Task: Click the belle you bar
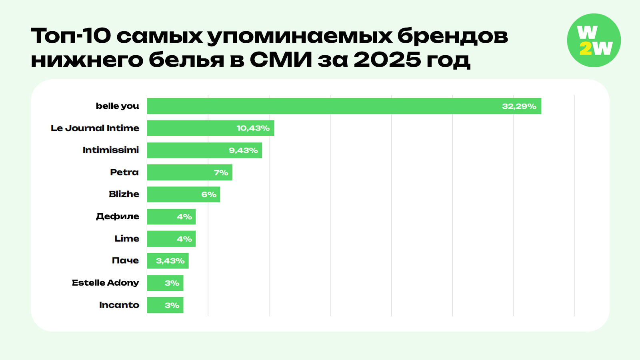(344, 106)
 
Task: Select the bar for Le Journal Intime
(210, 128)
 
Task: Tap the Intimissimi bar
(204, 150)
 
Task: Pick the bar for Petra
(190, 172)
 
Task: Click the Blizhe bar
(183, 194)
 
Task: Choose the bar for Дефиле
(171, 216)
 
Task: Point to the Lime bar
(171, 239)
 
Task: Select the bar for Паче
(168, 261)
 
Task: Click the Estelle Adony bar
(165, 283)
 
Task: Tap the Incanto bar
(165, 305)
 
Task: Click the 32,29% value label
(519, 106)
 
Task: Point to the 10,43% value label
(253, 128)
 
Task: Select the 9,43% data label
(243, 150)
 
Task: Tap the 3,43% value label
(170, 261)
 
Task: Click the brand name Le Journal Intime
(95, 128)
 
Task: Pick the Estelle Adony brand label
(105, 283)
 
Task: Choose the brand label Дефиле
(117, 216)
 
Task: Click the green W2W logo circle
(594, 40)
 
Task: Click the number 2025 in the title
(387, 60)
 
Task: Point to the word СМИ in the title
(281, 60)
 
